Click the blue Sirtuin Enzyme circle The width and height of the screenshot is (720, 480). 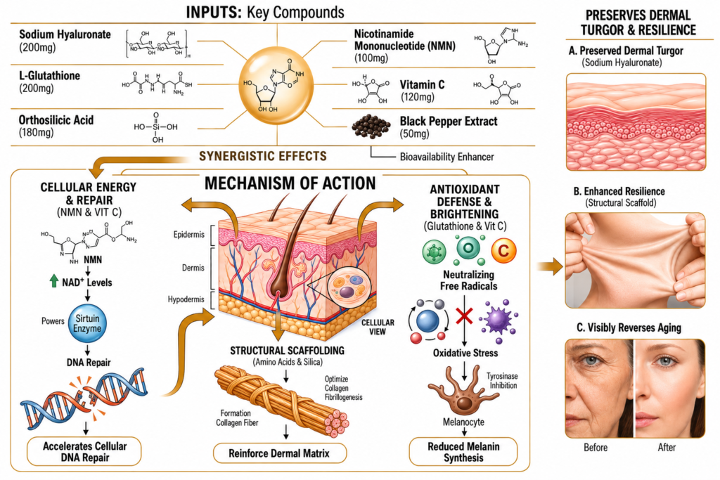pos(87,323)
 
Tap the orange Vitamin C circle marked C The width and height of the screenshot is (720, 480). pos(503,251)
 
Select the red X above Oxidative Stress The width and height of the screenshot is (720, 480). pos(464,316)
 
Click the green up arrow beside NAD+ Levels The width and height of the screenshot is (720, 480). pos(53,281)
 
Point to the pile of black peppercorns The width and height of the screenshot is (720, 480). pos(371,126)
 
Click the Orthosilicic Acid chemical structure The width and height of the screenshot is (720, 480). pos(155,127)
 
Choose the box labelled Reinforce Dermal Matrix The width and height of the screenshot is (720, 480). pos(279,453)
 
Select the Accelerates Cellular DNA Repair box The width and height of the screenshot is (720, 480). pos(84,452)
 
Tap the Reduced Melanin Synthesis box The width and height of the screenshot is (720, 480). pos(463,452)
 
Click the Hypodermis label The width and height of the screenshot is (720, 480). pos(186,299)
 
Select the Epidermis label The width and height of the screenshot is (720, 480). pos(188,235)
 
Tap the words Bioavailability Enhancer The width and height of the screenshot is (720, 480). pos(446,157)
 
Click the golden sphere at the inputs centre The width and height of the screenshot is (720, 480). pos(276,86)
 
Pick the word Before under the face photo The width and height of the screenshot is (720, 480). pos(596,448)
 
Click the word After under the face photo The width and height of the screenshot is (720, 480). pos(667,448)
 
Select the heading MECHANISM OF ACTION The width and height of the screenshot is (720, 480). pos(290,183)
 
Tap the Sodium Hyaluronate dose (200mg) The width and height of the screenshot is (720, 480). pos(37,47)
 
